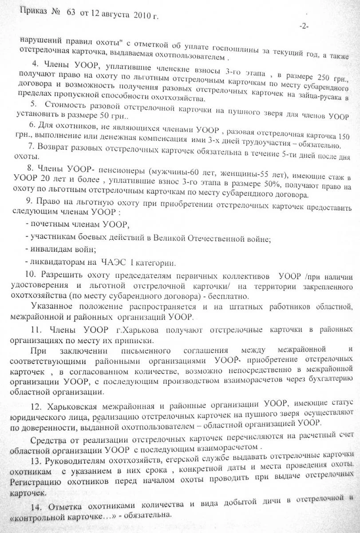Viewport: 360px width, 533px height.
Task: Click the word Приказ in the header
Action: coord(33,11)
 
